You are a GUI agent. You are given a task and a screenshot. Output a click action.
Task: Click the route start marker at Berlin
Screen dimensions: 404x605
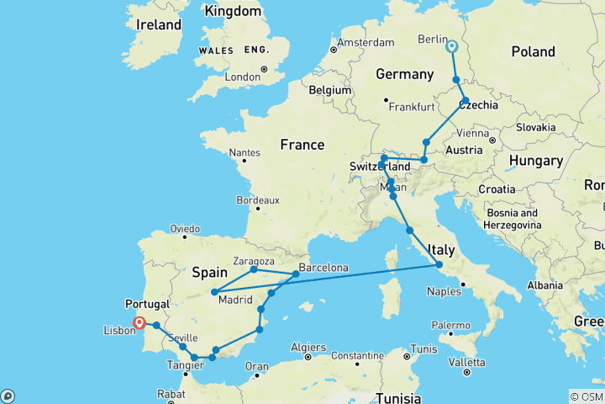coord(451,46)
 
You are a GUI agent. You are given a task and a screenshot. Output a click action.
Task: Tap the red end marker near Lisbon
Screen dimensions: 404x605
coord(139,322)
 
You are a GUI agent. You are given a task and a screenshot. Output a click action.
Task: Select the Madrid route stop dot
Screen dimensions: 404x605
coord(215,292)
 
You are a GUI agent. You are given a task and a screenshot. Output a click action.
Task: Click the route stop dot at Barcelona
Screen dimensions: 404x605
coord(296,274)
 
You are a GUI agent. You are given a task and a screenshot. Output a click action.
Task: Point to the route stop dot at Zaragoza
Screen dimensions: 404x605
coord(254,269)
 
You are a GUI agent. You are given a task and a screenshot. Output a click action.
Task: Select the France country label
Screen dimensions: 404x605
coord(302,145)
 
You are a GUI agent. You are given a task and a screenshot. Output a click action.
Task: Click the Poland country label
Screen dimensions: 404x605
coord(533,51)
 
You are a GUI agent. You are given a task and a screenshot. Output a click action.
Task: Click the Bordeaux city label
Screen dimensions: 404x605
coord(258,200)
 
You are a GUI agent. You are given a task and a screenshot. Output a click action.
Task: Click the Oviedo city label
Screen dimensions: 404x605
coord(184,228)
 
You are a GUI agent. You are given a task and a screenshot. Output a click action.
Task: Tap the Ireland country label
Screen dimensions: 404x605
coord(159,24)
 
